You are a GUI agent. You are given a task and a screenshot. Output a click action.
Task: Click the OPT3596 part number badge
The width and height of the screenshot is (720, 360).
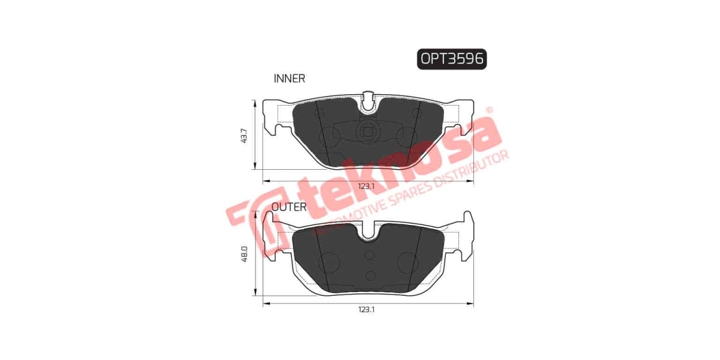(451, 59)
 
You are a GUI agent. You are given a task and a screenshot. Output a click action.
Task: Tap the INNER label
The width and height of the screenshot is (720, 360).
(289, 78)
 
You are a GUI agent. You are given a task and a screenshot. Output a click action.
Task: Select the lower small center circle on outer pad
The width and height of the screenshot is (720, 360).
(370, 275)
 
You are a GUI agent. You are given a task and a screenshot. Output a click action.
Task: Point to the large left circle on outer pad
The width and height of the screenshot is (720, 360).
(328, 262)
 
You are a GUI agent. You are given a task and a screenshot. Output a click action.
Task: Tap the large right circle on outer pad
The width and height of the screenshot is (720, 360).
(410, 262)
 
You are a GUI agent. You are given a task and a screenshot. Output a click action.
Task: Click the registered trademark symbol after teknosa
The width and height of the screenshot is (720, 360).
(488, 110)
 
